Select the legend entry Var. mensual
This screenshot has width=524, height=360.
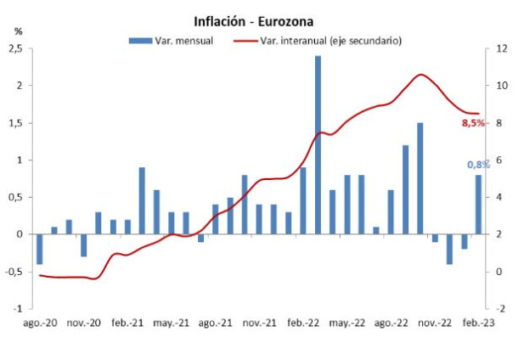[183, 40]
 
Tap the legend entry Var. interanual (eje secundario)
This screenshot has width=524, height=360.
[330, 40]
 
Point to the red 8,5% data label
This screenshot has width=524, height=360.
[472, 123]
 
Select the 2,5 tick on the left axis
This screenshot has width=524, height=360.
[14, 49]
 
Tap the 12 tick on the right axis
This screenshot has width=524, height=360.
[502, 49]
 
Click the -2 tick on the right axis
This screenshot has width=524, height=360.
[501, 308]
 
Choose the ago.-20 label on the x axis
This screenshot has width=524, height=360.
[40, 323]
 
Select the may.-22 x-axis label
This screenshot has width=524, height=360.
[347, 323]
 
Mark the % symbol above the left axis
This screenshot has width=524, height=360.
[18, 31]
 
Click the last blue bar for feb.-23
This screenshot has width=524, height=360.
[478, 204]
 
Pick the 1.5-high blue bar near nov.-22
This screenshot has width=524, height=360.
[420, 178]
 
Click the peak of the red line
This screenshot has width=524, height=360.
[421, 75]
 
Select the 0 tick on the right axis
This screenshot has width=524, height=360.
[499, 272]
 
